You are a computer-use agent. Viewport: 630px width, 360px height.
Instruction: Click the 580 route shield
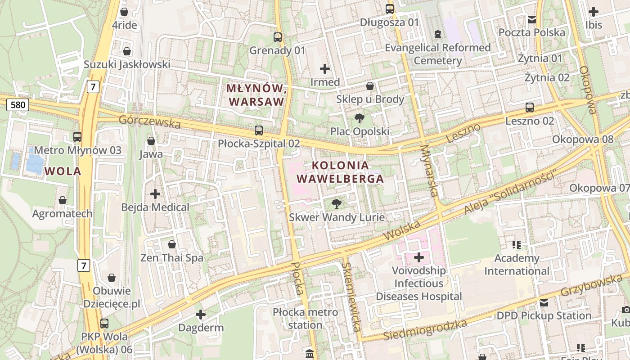coord(18,105)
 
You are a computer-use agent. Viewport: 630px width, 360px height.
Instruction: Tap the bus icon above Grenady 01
coord(278,37)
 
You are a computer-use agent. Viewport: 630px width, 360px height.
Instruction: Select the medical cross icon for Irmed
coord(325,69)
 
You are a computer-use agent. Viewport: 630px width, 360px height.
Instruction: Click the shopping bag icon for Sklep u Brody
coord(370,86)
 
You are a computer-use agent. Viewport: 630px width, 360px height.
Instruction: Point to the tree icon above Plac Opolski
coord(359,118)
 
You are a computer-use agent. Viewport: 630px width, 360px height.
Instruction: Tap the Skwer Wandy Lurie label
coord(337,217)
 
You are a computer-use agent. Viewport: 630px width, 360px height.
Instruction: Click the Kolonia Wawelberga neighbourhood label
coord(340,172)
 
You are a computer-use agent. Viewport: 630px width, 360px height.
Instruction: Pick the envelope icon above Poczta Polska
coord(532,19)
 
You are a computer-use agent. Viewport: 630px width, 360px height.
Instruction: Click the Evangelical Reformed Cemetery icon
coord(437,34)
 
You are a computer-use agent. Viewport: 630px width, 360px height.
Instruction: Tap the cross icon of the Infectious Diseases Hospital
coord(419,257)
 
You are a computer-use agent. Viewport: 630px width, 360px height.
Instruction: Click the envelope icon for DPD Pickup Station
coord(544,302)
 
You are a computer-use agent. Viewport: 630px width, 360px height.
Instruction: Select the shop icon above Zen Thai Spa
coord(172,244)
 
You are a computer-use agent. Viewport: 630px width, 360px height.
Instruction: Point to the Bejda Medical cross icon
coord(155,194)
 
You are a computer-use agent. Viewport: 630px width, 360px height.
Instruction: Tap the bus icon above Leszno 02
coord(530,108)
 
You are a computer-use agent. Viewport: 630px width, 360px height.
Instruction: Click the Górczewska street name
coord(149,121)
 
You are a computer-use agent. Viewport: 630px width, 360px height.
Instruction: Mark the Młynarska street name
coord(429,170)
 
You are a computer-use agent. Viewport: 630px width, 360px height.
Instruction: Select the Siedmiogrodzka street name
coord(425,330)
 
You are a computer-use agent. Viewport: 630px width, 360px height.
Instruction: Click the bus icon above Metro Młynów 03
coord(77,137)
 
